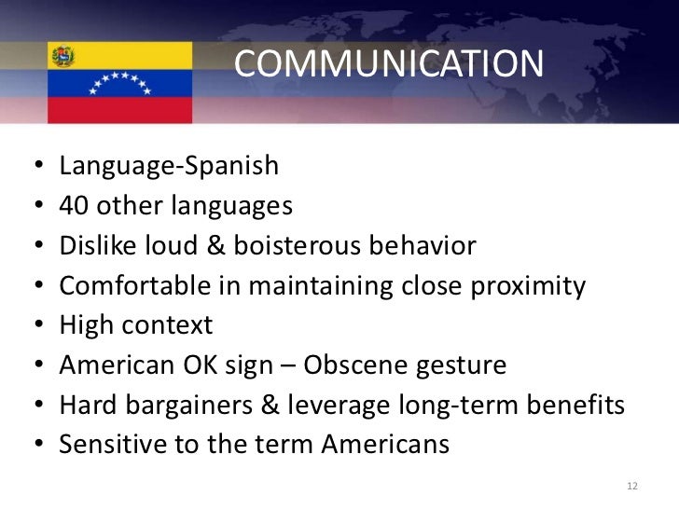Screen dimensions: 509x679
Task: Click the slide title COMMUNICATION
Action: pyautogui.click(x=387, y=63)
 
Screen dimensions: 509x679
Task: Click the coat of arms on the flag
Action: pyautogui.click(x=62, y=55)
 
